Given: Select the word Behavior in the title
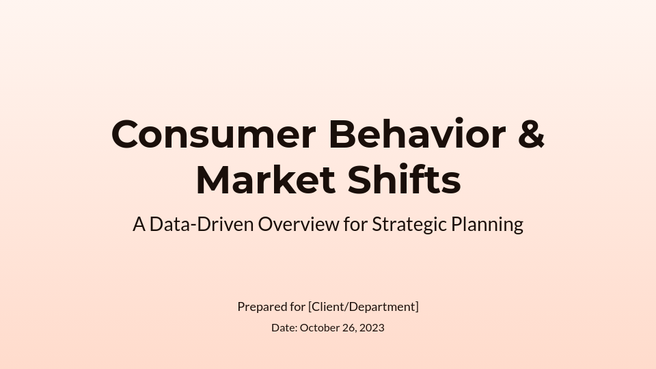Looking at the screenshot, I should tap(417, 135).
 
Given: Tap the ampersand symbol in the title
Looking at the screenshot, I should tap(531, 135).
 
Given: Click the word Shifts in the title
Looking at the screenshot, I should tap(404, 181).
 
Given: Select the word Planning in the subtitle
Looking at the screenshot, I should tap(487, 224).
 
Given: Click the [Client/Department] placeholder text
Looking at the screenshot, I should tap(364, 307).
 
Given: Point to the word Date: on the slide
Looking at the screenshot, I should tap(284, 328).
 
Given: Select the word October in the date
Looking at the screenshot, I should tap(320, 328).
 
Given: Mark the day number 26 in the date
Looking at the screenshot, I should tap(348, 328).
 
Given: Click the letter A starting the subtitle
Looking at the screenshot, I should tap(139, 224).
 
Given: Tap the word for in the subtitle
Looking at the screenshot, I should tap(355, 224).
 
